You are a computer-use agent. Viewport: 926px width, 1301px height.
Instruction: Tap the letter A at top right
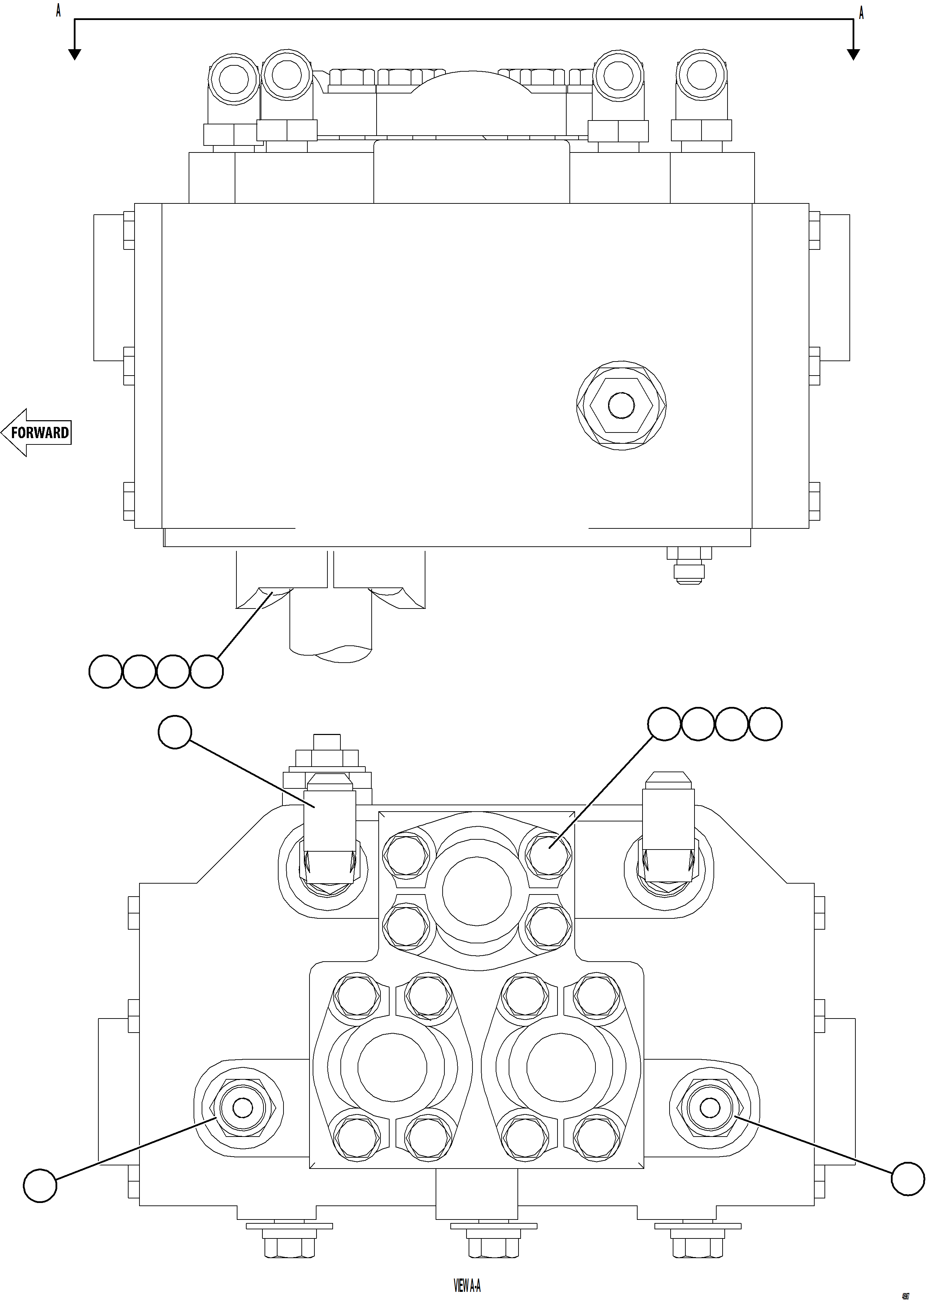click(861, 13)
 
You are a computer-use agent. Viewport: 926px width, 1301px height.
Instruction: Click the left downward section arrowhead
click(74, 54)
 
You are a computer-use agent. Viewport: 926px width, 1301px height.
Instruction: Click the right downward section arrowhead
click(853, 54)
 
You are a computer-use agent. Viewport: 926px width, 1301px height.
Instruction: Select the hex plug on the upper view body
click(621, 405)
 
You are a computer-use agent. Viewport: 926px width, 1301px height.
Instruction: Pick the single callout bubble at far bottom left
click(40, 1186)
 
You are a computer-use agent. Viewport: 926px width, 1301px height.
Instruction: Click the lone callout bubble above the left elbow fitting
click(175, 732)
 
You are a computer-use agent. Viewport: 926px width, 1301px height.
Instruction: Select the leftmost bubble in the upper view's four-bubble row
click(105, 672)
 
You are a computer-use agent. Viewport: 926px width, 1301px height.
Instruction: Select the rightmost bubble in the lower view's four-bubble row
click(765, 724)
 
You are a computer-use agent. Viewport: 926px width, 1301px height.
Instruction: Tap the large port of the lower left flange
click(392, 1067)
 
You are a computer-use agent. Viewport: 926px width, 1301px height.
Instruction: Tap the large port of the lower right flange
click(561, 1067)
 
